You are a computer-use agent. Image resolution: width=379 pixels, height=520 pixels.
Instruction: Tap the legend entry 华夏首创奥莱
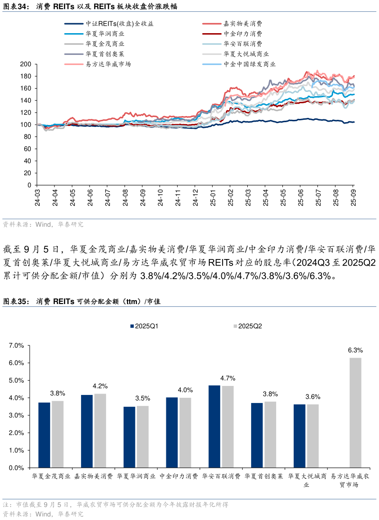point(105,54)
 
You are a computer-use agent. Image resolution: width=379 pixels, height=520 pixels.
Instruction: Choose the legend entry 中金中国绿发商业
point(250,64)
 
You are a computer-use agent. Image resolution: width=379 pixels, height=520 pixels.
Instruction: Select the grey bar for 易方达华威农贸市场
point(355,412)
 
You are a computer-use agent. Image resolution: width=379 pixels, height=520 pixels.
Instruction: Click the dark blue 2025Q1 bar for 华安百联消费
point(214,426)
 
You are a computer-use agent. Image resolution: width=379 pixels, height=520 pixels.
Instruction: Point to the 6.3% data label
point(355,350)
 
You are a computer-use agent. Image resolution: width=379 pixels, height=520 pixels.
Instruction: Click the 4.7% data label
point(228,378)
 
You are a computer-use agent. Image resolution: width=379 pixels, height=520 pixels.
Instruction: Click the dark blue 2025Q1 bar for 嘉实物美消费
point(87,431)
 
